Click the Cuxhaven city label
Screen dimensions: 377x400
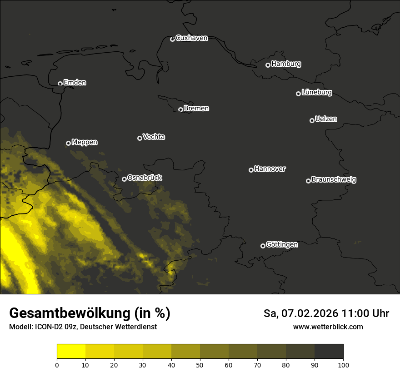191,38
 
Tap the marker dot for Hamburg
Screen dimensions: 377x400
268,65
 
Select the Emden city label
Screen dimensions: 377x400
75,83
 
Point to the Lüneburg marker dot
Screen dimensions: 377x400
298,94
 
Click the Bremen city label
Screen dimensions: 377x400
196,109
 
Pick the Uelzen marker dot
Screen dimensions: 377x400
312,120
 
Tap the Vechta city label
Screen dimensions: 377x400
154,137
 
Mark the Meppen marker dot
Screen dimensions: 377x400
68,143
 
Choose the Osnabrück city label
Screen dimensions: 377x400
145,178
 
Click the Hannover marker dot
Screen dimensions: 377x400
251,170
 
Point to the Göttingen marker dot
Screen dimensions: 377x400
263,246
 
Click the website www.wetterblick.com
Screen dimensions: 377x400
328,327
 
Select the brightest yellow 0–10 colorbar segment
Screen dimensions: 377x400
71,351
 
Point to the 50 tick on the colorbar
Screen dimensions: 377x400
200,364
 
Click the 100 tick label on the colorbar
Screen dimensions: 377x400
343,364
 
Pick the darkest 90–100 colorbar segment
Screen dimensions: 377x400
329,351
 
